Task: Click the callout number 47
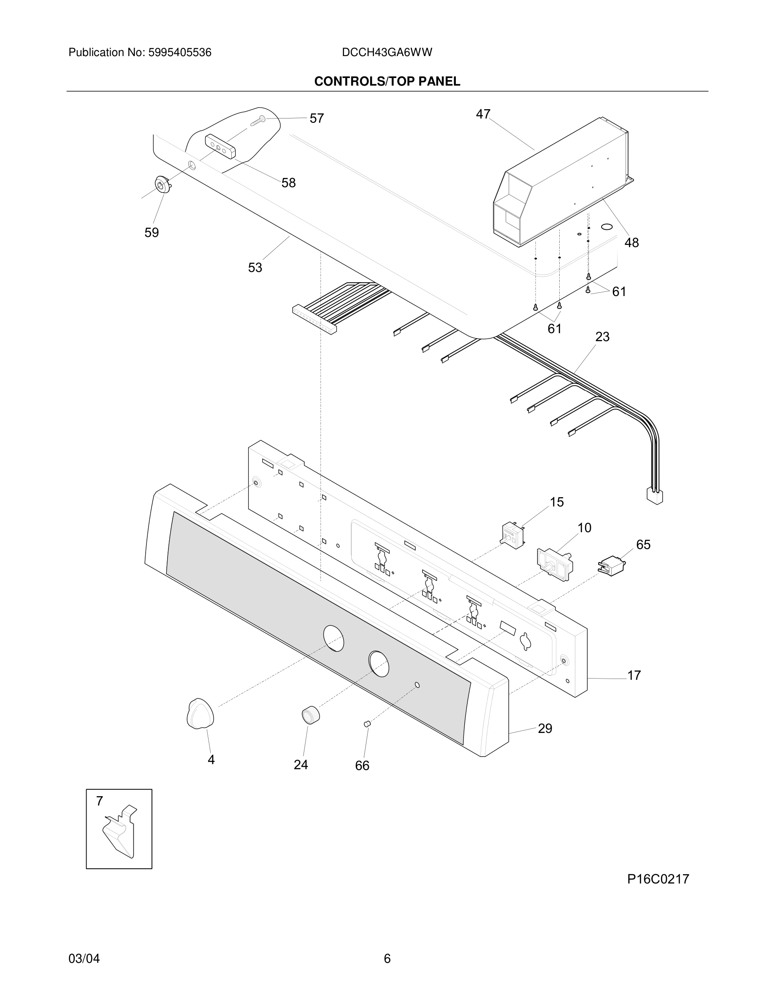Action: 483,114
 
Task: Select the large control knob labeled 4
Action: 200,714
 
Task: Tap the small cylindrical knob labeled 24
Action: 310,715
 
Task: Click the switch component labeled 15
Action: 513,536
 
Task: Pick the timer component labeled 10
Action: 555,564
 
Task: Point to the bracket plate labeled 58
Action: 220,146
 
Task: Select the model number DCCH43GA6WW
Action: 387,53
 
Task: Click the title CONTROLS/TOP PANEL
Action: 387,82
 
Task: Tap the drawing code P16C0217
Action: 658,879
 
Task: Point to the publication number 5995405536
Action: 179,53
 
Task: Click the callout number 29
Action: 545,729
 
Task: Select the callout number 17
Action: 634,675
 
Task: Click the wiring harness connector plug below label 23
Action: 654,496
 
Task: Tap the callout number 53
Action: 255,267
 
